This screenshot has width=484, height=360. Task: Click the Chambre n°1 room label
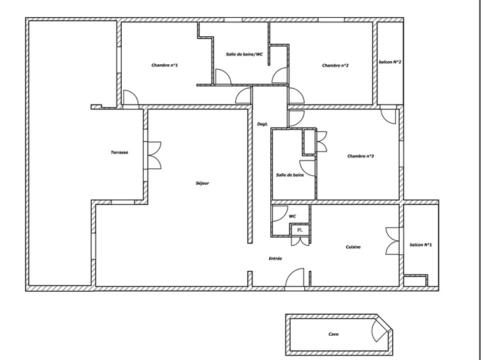pos(165,66)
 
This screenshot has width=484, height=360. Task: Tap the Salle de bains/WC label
pos(244,54)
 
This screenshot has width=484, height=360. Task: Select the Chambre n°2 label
pos(335,66)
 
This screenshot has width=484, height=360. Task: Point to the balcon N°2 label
pos(390,62)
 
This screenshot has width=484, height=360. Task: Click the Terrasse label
pos(120,153)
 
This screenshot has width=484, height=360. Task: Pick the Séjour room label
pos(202,184)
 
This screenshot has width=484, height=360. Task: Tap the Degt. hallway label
pos(262,124)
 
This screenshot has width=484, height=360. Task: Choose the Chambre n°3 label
pos(360,156)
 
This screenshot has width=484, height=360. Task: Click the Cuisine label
pos(354,247)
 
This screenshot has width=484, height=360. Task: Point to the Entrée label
pos(275,259)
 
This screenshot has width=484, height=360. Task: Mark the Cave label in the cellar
pos(334,334)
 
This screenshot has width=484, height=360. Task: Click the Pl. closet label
pos(300,230)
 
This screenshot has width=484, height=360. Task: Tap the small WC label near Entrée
pos(293,217)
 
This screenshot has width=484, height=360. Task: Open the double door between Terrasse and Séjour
pos(154,155)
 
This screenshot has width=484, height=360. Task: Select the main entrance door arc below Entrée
pos(295,278)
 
